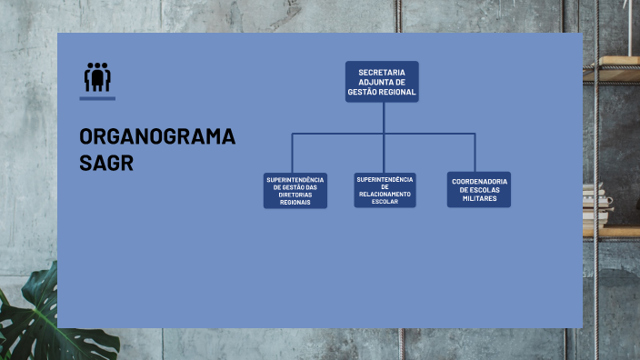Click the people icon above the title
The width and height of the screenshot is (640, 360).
coord(97,76)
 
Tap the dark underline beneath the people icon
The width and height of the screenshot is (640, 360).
coord(97,96)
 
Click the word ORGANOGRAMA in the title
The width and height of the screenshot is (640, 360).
coord(157,137)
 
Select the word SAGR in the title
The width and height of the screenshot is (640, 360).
coord(105,163)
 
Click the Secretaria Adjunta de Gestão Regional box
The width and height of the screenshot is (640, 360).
coord(382,82)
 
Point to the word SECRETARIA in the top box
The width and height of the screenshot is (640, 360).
coord(382,72)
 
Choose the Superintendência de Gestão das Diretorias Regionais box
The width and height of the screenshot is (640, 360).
coord(295,190)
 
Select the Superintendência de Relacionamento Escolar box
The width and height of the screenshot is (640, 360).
coord(385,190)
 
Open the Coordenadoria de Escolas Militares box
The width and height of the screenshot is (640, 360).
coord(479,189)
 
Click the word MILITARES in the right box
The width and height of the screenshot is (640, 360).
coord(479,198)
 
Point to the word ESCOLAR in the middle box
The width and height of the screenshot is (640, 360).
coord(385,201)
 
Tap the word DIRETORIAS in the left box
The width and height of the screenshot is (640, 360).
coord(295,195)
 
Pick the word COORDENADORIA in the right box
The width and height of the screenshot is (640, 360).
coord(479,181)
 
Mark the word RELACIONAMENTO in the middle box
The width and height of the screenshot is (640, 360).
coord(385,194)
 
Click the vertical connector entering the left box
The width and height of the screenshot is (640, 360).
coord(293,153)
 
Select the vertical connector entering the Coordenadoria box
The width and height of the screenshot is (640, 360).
coord(475,153)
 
